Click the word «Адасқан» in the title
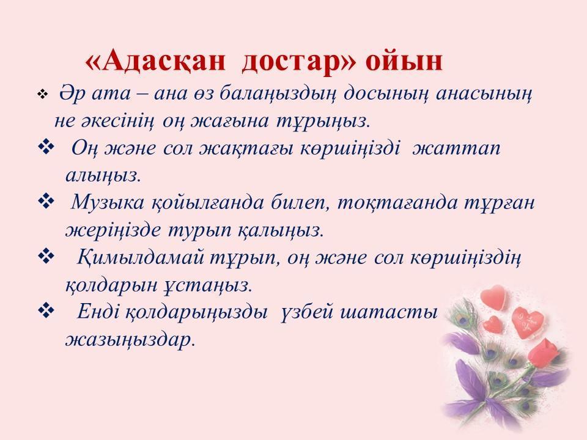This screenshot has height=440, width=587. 156,62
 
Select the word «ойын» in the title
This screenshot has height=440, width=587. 404,62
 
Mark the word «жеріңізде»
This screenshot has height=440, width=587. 113,230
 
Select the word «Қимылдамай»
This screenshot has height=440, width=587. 141,258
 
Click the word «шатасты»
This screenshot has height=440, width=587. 389,312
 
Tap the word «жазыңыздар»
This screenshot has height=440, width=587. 130,340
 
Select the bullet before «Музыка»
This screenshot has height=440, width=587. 46,202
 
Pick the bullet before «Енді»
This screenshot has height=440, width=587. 46,311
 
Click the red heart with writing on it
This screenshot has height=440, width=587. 528,322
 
